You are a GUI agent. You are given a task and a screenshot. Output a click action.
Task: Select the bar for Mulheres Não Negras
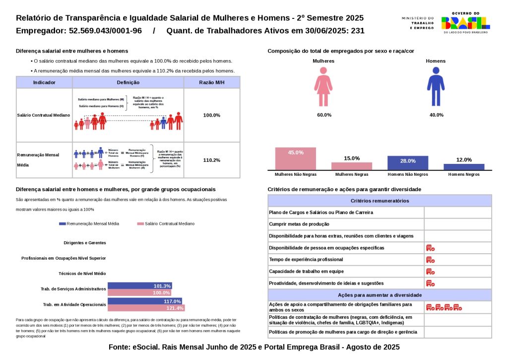click(x=296, y=159)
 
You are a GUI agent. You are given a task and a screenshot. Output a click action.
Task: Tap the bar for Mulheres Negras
click(x=352, y=166)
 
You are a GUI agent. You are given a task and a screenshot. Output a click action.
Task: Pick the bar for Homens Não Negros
click(x=408, y=163)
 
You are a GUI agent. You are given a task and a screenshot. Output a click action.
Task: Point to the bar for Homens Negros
click(x=464, y=167)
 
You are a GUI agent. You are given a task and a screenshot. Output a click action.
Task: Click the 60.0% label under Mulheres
click(x=324, y=115)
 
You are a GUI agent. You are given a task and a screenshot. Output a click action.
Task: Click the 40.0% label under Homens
click(x=436, y=115)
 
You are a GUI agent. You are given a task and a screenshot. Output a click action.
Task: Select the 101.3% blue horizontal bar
click(x=140, y=286)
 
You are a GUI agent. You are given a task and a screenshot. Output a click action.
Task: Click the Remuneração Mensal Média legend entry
click(x=89, y=224)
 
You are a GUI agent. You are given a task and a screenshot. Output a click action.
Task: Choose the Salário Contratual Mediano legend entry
click(x=166, y=224)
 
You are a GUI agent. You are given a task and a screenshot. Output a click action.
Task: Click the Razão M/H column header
click(x=212, y=82)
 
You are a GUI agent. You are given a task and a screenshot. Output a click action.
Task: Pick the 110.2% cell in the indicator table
click(x=212, y=160)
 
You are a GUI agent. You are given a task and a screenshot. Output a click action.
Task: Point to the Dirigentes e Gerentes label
click(x=85, y=243)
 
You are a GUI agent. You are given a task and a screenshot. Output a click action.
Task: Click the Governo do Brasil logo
click(x=466, y=22)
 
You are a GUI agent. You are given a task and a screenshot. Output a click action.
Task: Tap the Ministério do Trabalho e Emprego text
click(x=418, y=23)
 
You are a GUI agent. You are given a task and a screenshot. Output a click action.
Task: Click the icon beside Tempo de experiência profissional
click(x=430, y=260)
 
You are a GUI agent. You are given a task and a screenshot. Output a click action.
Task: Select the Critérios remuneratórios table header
click(x=380, y=201)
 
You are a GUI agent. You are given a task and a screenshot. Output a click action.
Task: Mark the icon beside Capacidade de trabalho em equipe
click(x=430, y=272)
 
